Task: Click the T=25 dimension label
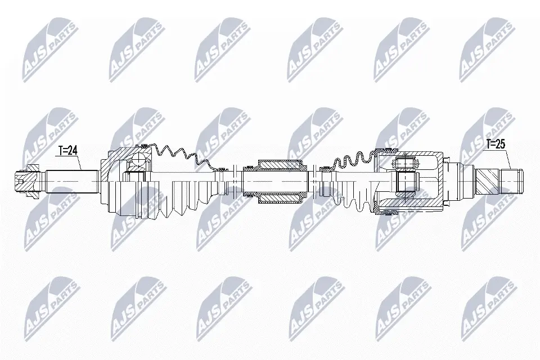click(496, 145)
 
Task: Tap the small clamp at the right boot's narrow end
click(323, 169)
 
